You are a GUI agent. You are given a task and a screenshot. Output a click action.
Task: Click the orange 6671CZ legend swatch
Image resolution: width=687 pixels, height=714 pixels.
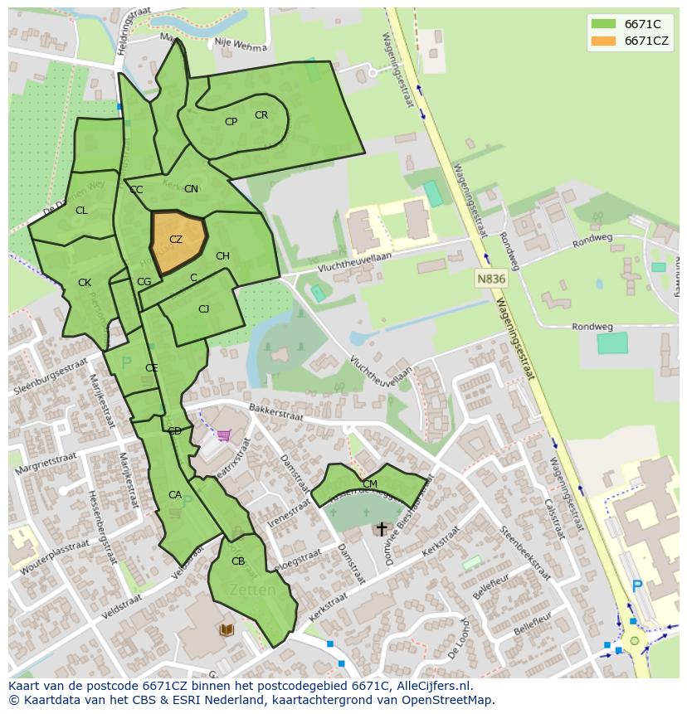click(x=604, y=41)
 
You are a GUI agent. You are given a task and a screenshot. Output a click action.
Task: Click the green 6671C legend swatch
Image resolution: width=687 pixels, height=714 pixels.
click(x=604, y=24)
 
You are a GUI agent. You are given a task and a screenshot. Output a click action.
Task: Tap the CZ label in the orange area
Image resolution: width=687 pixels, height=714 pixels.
click(x=176, y=240)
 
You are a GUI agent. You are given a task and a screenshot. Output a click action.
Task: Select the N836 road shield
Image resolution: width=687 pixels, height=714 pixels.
click(x=491, y=279)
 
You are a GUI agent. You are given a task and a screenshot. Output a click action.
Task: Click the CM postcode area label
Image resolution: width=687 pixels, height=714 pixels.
click(x=370, y=483)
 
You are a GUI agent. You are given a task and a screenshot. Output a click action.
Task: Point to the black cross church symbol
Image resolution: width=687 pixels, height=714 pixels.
click(x=382, y=528)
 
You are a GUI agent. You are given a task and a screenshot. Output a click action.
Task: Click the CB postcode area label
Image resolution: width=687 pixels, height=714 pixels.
click(x=238, y=561)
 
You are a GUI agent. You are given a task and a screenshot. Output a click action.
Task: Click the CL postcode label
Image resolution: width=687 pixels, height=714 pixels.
click(x=81, y=211)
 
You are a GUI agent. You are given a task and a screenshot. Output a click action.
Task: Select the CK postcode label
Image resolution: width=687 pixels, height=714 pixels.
click(x=85, y=283)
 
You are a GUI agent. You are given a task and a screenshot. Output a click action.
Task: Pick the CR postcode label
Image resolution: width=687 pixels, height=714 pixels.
click(x=261, y=115)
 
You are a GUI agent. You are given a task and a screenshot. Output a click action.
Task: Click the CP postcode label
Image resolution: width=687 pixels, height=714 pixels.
click(x=231, y=122)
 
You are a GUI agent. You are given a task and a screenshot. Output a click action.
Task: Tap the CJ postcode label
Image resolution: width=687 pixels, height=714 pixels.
click(x=203, y=309)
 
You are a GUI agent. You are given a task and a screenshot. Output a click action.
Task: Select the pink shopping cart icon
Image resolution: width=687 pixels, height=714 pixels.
click(x=223, y=435)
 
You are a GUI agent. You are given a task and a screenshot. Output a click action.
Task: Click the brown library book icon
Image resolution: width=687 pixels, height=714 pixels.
click(x=227, y=630)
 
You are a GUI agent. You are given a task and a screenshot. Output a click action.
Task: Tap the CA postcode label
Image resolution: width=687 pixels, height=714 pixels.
click(x=175, y=495)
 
